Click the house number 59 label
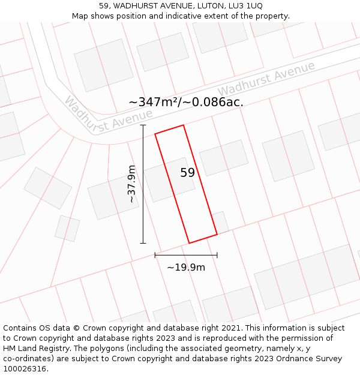tap(187, 173)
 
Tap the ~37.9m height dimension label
tap(132, 184)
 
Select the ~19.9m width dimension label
tap(186, 267)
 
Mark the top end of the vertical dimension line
tap(143, 125)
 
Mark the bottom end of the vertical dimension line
tap(143, 243)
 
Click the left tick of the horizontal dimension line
tap(155, 255)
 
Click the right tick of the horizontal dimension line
tap(217, 255)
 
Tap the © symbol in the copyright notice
tap(77, 328)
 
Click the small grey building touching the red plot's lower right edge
tap(220, 221)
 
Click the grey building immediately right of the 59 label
tap(224, 157)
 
